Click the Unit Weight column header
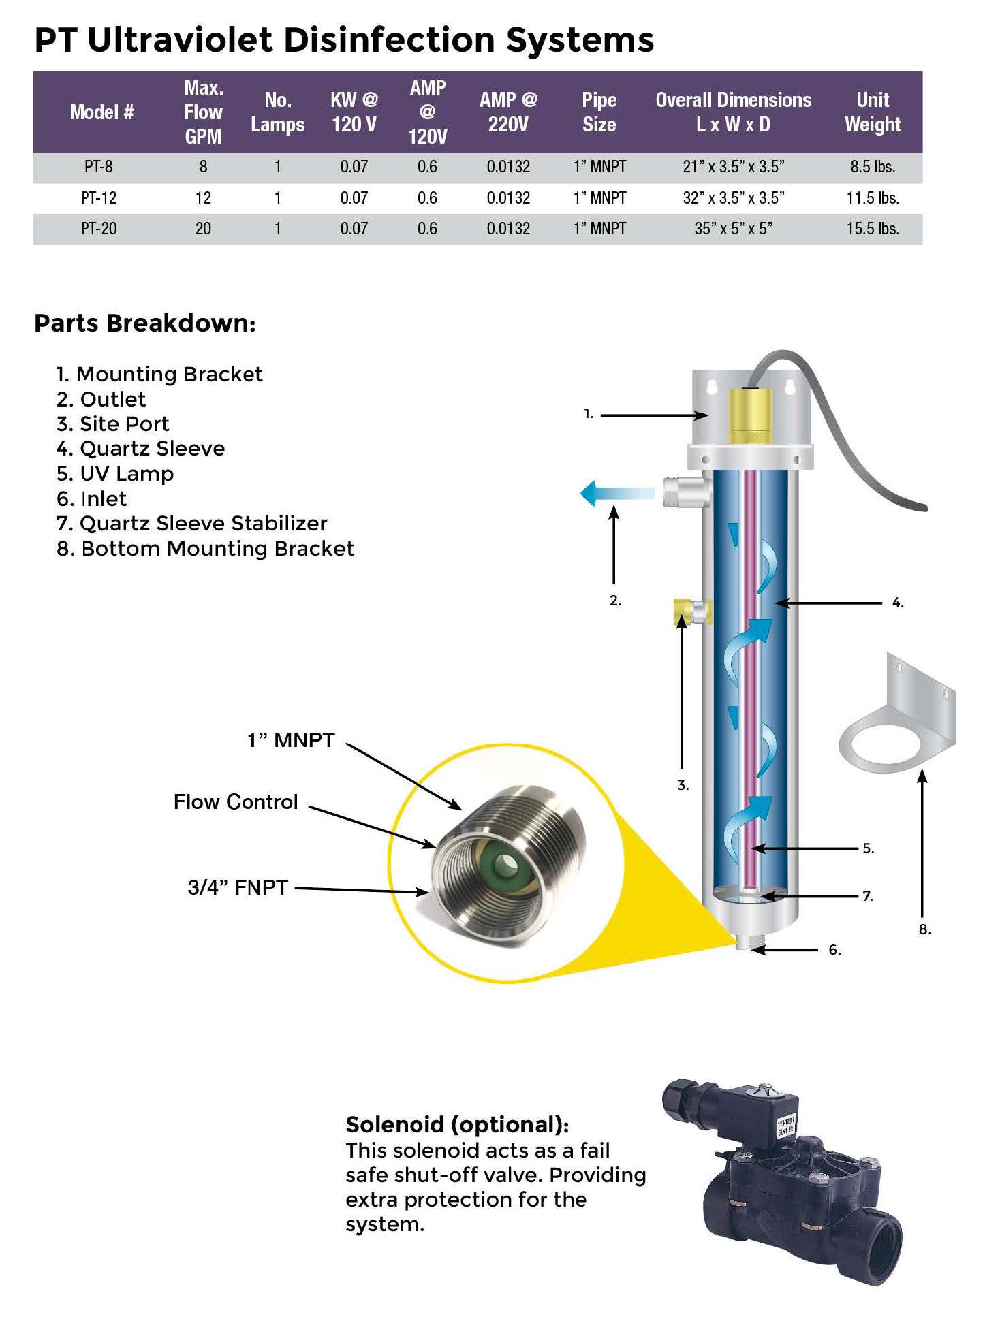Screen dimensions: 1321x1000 tap(872, 112)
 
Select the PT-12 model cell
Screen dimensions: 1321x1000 tap(99, 198)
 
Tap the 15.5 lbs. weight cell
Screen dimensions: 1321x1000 tap(872, 229)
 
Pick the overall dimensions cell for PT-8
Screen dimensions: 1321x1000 tap(733, 167)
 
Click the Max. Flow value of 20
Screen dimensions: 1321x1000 tap(203, 229)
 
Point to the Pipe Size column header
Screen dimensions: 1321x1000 tap(599, 112)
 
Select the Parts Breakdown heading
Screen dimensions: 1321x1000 tap(144, 323)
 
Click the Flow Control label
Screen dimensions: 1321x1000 tap(236, 802)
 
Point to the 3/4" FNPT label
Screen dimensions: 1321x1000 tap(238, 887)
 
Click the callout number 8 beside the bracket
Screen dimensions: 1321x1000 tap(924, 929)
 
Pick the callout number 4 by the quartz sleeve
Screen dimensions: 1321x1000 tap(898, 603)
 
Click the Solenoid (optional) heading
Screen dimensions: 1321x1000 tap(457, 1124)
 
